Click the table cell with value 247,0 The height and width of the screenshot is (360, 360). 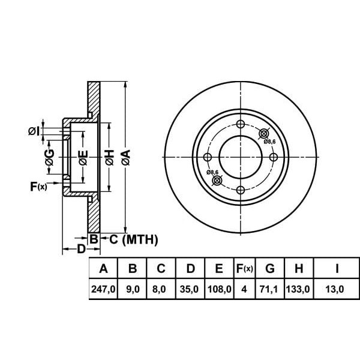103,289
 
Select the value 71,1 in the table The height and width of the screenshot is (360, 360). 268,289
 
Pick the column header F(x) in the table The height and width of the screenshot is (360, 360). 245,268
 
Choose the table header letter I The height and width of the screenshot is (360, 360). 337,268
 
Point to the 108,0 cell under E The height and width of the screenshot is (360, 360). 219,289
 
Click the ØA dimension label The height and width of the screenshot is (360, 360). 126,157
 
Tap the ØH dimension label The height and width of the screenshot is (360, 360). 109,157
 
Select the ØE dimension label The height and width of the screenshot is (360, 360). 83,157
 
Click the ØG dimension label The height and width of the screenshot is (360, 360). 50,157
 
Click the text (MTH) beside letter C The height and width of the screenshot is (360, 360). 140,239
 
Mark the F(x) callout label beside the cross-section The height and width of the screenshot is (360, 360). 38,187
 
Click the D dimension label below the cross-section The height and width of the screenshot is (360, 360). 81,249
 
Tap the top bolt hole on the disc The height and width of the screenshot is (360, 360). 241,124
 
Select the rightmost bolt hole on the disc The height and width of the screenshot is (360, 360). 273,157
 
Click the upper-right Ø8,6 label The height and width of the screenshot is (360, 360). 269,142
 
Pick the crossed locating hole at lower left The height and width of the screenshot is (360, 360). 217,181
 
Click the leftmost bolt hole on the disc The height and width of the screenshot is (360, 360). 208,157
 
